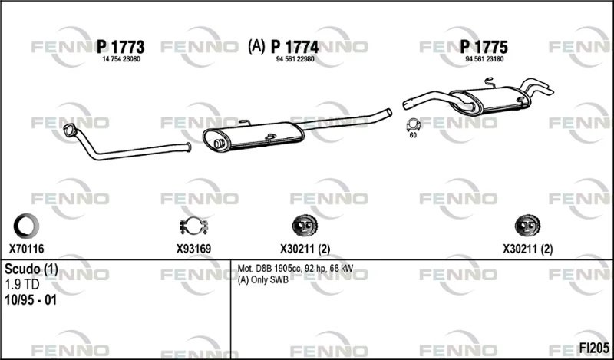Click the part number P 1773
pyautogui.click(x=120, y=48)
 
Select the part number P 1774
pyautogui.click(x=295, y=48)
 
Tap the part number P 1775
pyautogui.click(x=484, y=48)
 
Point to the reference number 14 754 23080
pyautogui.click(x=121, y=59)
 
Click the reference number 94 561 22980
pyautogui.click(x=295, y=59)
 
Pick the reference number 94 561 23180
pyautogui.click(x=484, y=59)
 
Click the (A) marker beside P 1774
pyautogui.click(x=256, y=47)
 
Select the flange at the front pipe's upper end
pyautogui.click(x=71, y=130)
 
